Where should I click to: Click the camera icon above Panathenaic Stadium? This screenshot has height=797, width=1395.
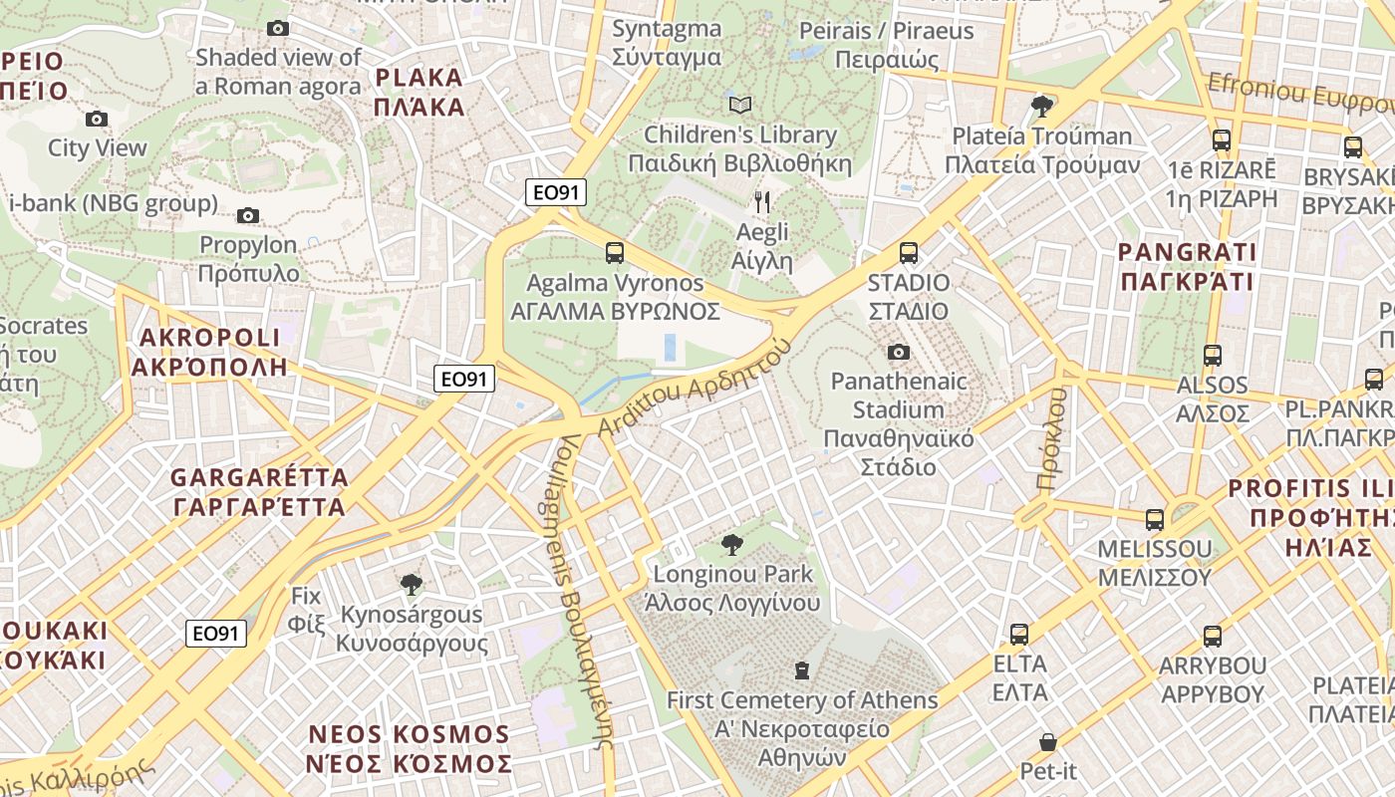click(898, 352)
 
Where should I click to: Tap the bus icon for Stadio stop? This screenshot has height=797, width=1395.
click(908, 253)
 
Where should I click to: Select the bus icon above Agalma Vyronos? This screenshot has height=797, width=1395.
click(615, 253)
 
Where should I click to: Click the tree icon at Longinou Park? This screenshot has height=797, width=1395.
click(732, 545)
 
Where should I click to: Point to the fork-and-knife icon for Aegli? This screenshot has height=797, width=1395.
click(762, 203)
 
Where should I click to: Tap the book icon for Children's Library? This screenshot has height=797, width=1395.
click(740, 105)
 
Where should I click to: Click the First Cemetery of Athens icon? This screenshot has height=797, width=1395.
click(802, 670)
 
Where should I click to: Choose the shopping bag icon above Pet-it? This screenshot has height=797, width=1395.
click(1047, 742)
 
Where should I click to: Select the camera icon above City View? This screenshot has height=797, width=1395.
click(97, 120)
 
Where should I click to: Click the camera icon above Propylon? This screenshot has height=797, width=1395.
click(248, 215)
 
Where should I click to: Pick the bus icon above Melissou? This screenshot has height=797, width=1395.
click(1154, 519)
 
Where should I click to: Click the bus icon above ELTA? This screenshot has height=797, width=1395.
click(1019, 635)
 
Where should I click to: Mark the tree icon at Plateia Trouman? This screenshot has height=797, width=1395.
click(1042, 106)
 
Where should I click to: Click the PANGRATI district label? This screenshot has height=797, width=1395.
click(1187, 266)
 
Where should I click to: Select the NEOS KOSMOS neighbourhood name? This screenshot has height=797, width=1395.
click(409, 749)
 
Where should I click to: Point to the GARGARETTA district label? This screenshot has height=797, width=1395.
click(259, 492)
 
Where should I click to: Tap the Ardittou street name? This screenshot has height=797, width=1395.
click(695, 387)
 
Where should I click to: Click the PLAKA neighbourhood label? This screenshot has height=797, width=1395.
click(419, 92)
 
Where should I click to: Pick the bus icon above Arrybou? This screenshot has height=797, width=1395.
click(1212, 637)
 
